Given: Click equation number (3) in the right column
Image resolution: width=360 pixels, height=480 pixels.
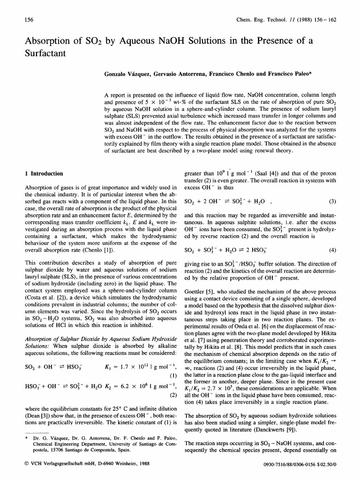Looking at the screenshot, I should pos(333,202).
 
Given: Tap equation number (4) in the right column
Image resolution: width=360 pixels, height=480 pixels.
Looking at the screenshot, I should pos(333,249).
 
